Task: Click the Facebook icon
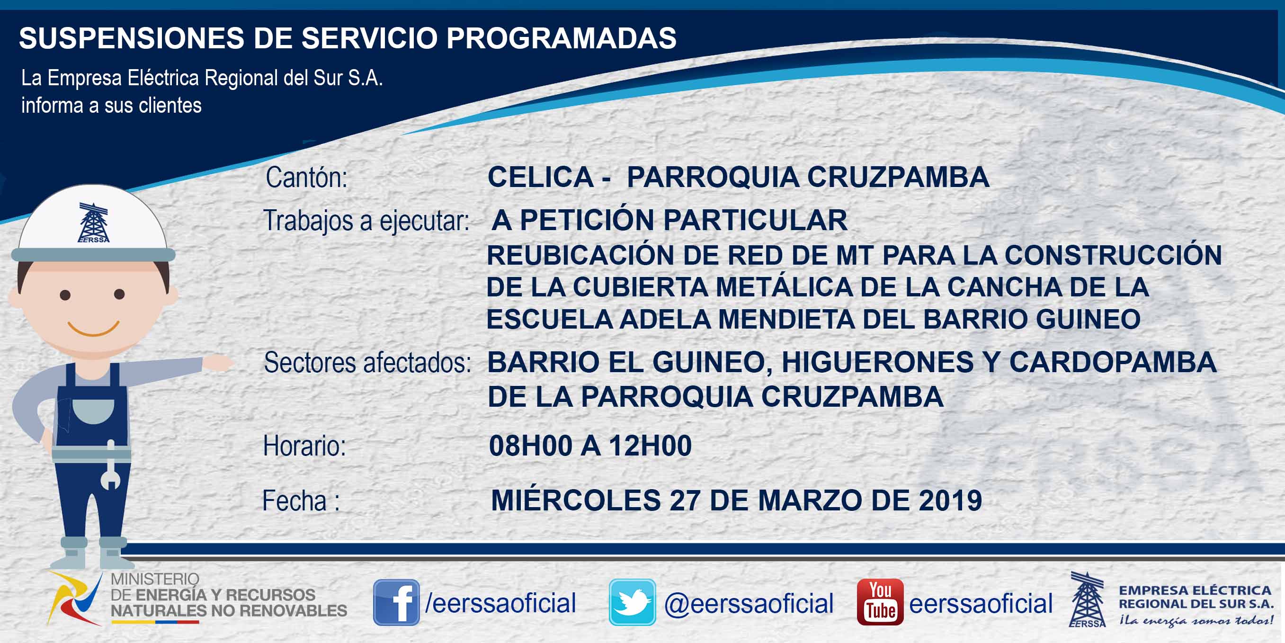tap(396, 602)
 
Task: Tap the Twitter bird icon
tap(632, 602)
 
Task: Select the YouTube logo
tap(880, 602)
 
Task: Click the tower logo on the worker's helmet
tap(93, 223)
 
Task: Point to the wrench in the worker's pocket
tap(110, 465)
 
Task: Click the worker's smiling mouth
tap(93, 329)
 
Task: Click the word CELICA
tap(540, 177)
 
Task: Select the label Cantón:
tap(306, 177)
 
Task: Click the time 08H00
tap(531, 446)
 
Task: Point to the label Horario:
tap(304, 446)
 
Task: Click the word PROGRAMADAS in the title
tap(561, 38)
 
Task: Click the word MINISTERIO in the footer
tap(155, 579)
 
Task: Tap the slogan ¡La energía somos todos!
tap(1196, 620)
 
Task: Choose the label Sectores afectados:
tap(367, 363)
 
